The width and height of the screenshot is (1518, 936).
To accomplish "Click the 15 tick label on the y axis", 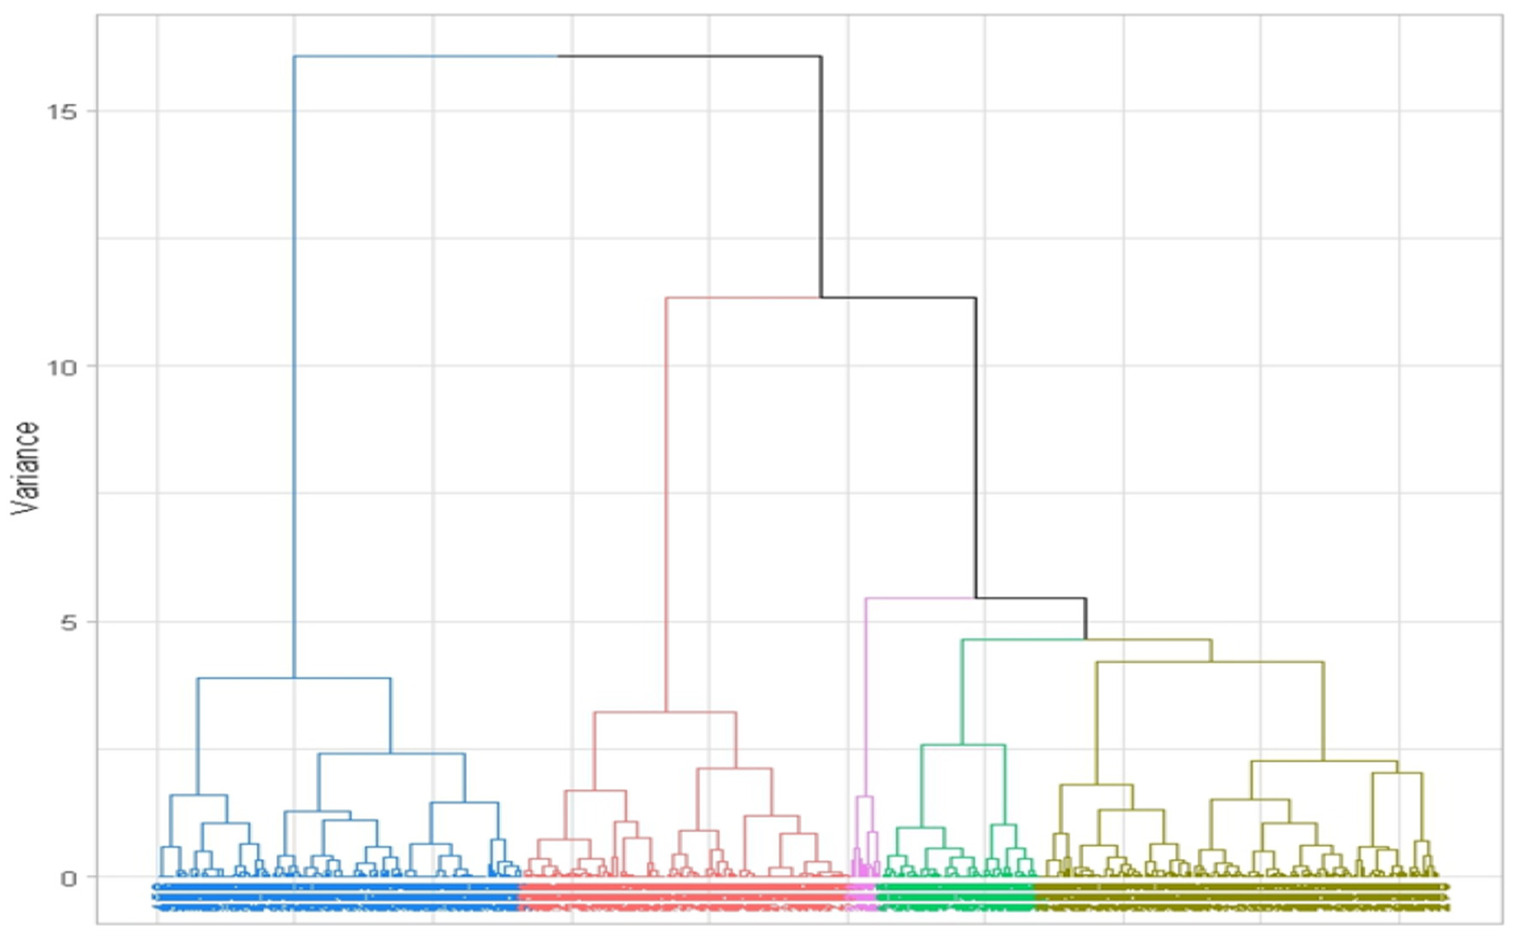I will coord(61,111).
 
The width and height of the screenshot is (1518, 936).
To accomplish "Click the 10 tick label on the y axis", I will coord(61,367).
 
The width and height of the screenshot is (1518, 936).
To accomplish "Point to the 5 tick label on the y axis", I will coord(69,622).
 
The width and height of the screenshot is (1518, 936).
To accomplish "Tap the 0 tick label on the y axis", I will coord(69,878).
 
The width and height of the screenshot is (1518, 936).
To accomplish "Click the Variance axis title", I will coord(27,468).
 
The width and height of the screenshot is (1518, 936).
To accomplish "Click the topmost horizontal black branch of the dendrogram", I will coord(690,57).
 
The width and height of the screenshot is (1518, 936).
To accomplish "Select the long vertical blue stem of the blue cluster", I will coord(294,369).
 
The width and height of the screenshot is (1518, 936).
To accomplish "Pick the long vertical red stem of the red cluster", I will coord(666,506).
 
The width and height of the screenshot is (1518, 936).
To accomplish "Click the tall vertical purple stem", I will coord(866,694).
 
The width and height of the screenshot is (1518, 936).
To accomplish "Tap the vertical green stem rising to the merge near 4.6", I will coord(962,691).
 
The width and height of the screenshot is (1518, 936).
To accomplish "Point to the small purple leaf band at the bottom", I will coord(861,896).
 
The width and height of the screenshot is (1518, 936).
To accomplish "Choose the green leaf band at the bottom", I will coord(954,896).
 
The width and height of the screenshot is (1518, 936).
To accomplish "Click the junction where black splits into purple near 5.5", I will coord(976,598).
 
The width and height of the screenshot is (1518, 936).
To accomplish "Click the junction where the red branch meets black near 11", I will coord(821,297).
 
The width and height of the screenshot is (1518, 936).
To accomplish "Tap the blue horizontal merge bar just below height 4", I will coord(294,678).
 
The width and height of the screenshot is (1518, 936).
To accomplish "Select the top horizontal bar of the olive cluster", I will coord(1210,662).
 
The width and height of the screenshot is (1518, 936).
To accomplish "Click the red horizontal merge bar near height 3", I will coord(665,712).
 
